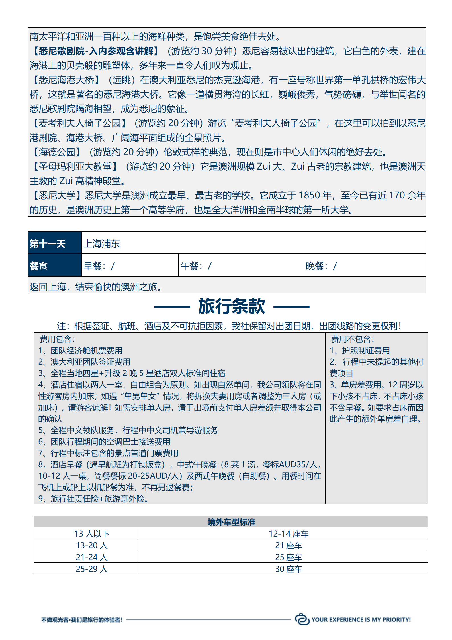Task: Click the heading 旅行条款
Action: (231, 307)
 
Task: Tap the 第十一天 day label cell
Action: (55, 243)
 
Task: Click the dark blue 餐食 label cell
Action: (55, 266)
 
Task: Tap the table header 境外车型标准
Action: (231, 522)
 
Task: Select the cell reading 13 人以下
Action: (92, 534)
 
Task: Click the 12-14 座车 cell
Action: (289, 534)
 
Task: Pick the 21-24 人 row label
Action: (92, 557)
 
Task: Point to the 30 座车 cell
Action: (289, 569)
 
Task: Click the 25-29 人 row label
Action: (92, 569)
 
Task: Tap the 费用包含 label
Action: (57, 339)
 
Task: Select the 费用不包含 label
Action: (353, 339)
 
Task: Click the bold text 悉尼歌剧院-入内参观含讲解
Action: (96, 51)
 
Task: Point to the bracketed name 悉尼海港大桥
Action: (66, 80)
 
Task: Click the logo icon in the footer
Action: (302, 619)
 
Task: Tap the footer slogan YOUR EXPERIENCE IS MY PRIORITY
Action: (361, 619)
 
